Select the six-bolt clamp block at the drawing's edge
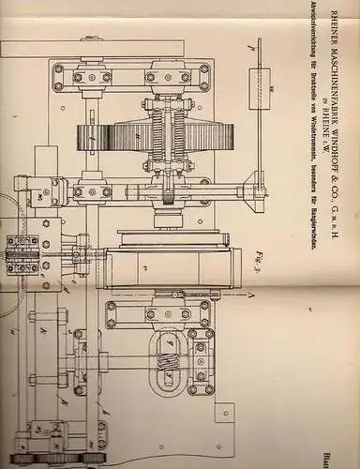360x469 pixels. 22,252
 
